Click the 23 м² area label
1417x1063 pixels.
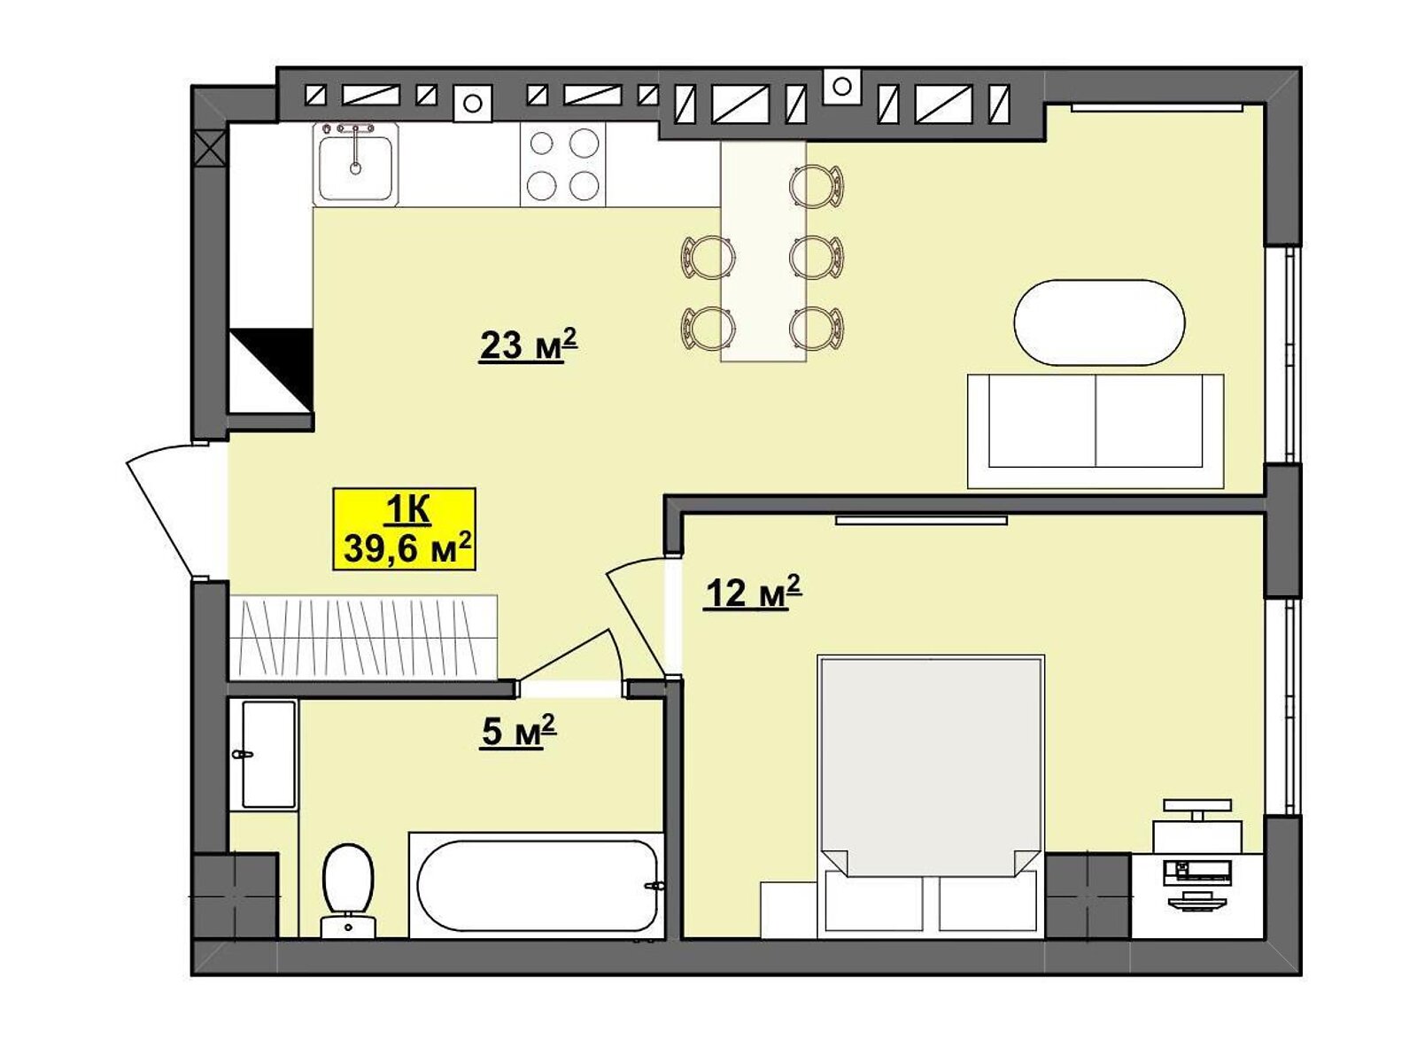528,346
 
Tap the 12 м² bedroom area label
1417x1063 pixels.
752,592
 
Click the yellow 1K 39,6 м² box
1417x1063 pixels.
404,529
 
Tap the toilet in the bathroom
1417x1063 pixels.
349,890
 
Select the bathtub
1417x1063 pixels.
537,885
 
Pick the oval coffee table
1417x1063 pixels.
1099,322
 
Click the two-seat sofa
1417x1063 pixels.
1096,431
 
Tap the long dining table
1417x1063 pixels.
763,252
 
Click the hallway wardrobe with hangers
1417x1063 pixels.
363,637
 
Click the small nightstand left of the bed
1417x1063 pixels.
789,910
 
